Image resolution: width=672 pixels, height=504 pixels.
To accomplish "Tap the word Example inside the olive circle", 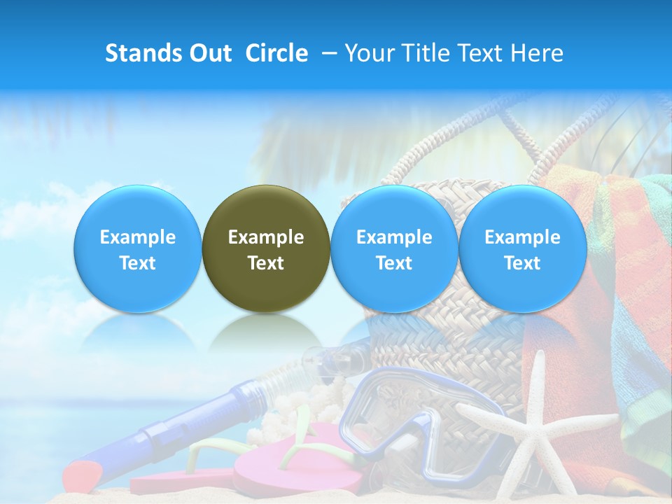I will click(x=266, y=237).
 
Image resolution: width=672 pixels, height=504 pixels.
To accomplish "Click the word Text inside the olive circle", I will click(x=266, y=263).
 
